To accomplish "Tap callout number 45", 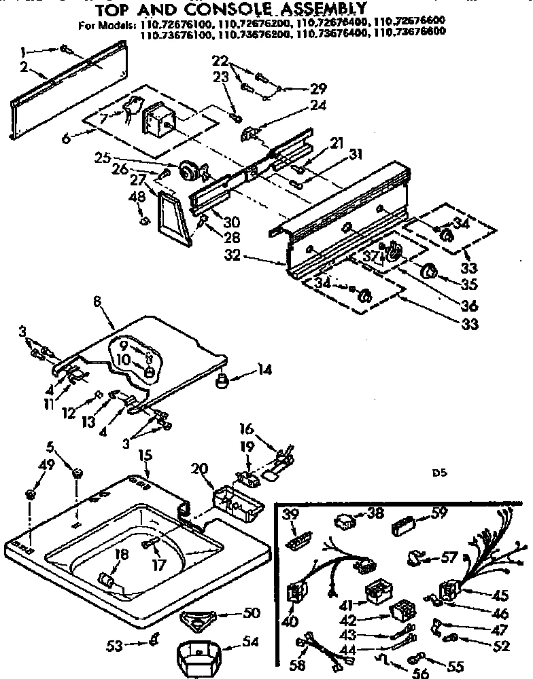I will [x=501, y=595].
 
